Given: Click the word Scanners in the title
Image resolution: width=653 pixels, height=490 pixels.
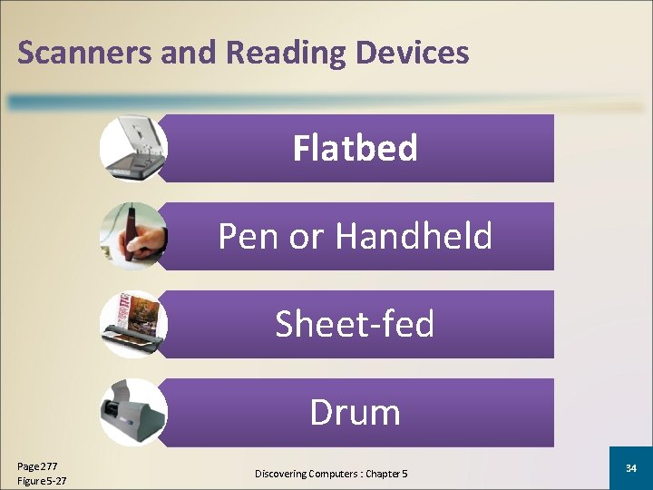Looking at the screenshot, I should (84, 53).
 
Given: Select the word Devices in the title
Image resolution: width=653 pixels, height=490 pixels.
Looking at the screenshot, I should (413, 53).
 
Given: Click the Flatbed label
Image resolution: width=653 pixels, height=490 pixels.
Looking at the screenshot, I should (355, 148).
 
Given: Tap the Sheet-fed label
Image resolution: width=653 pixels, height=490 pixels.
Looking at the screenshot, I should (355, 324).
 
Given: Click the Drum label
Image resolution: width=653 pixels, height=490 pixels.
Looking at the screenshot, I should (355, 412).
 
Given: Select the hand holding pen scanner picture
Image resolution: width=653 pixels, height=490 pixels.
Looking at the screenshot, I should (133, 236).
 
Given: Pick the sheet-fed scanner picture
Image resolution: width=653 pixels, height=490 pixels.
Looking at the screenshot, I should (133, 324).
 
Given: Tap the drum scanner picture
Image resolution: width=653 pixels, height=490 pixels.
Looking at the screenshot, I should (133, 413).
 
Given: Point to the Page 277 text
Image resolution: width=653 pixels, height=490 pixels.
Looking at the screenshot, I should (37, 465).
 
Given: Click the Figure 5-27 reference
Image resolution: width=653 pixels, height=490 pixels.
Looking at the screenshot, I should (42, 480).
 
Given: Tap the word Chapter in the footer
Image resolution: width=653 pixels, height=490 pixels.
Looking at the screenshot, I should (384, 474).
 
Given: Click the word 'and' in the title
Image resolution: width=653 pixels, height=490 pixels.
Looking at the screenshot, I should (189, 53).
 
